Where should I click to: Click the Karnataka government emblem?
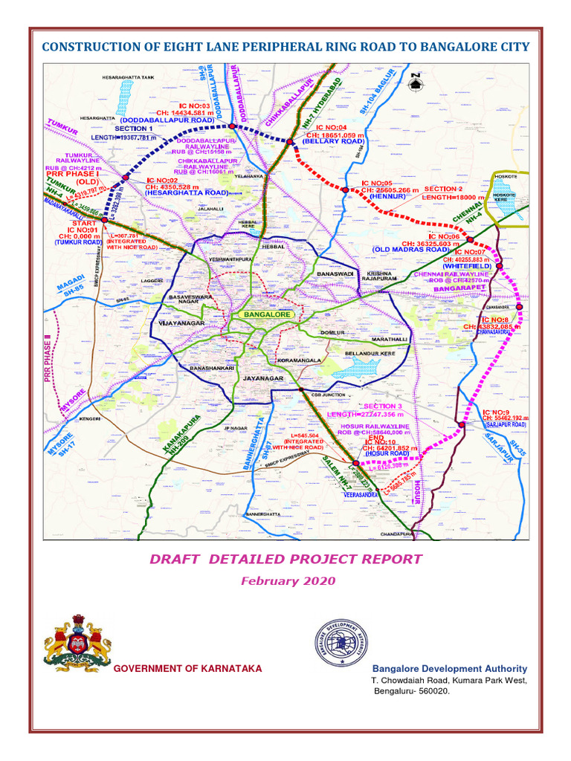pos(75,644)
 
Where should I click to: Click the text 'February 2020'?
pos(287,580)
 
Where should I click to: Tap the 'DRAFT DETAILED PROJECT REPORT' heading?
pos(287,560)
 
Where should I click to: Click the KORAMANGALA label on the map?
pos(299,360)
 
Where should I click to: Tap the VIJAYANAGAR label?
pos(181,324)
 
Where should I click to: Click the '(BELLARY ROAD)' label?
pos(333,140)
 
